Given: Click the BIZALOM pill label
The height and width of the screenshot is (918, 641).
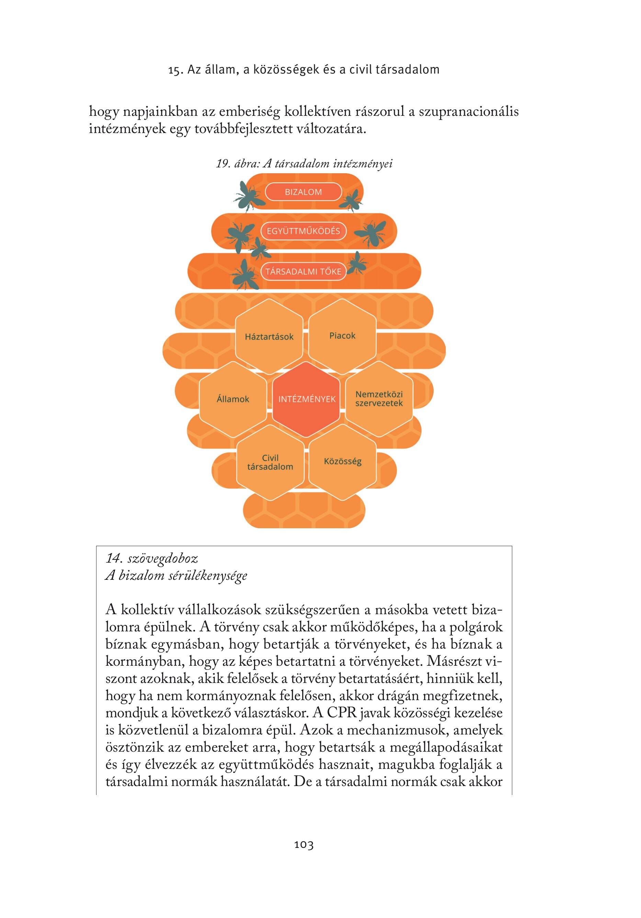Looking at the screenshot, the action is coord(304,191).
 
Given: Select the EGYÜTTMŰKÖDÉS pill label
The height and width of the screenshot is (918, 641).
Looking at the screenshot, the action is coord(304,231).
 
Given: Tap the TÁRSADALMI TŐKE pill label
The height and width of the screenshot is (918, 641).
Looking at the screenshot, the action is coord(304,272).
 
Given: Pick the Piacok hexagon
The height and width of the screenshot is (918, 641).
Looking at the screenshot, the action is coord(342,336).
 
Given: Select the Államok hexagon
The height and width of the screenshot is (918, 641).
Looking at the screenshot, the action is coord(233,399).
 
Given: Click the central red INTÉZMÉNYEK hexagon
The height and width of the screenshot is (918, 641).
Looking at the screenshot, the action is coord(306,399).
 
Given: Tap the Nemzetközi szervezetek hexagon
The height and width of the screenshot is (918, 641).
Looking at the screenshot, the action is coord(379,399).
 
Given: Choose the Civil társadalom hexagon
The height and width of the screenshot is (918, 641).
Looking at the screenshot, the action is coord(271,463).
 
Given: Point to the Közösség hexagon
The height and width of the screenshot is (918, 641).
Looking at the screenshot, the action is coord(343,462).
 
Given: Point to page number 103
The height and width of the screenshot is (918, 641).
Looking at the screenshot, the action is coord(304,845).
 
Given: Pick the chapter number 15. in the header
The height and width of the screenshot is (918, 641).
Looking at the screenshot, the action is coord(176,70).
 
